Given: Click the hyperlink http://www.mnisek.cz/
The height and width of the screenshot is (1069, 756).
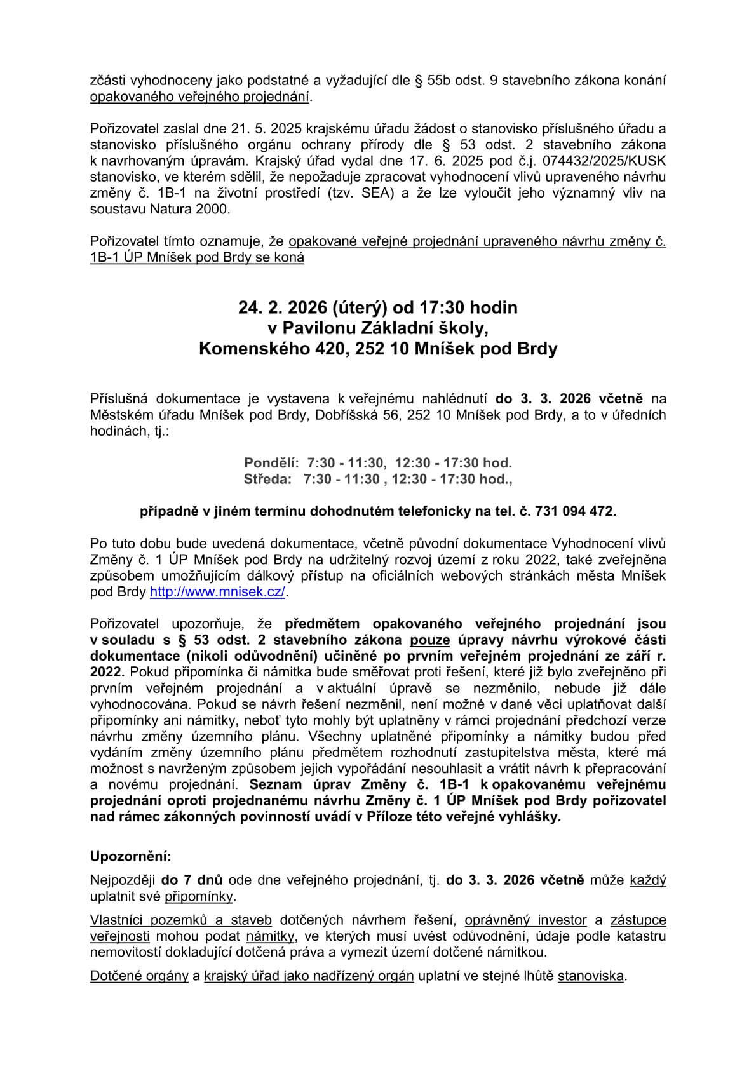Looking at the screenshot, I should point(218,592).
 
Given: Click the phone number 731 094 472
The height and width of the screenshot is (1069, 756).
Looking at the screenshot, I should point(575,511).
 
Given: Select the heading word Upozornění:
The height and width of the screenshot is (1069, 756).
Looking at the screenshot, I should point(131,856).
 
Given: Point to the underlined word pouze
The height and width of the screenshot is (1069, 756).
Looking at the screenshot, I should point(430,640).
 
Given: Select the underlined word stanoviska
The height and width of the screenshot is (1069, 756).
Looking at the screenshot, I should point(590,976).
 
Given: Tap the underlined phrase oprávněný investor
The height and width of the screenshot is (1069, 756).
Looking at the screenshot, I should point(525,920).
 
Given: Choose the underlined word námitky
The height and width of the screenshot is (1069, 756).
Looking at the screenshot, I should point(269,936).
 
